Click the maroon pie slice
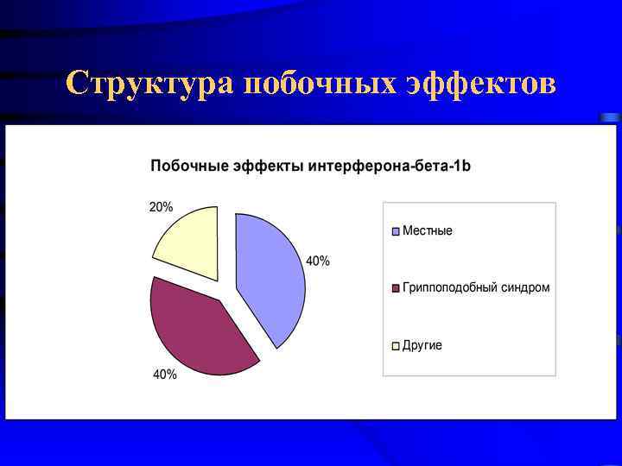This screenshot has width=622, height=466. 197,328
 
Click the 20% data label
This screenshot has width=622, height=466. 161,207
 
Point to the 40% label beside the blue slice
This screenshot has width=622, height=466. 317,261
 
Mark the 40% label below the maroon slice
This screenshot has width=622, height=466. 165,375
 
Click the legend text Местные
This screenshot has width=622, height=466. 427,231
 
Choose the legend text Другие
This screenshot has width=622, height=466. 422,345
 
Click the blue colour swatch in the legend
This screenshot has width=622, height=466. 397,231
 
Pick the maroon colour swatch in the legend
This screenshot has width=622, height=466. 397,288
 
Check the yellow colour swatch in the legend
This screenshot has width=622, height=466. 397,346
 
